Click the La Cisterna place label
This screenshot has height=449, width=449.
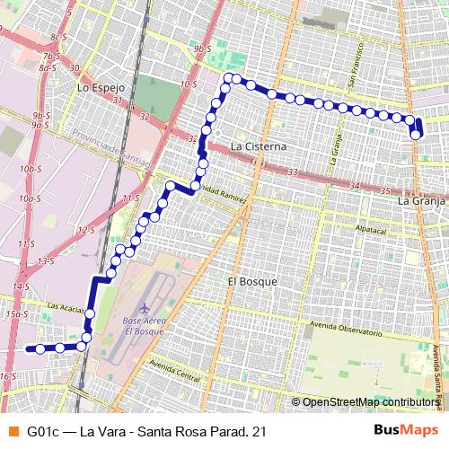[x=258, y=145]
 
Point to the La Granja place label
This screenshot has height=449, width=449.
[x=422, y=202]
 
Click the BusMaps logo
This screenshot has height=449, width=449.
[x=407, y=431]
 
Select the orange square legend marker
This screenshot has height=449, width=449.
[x=12, y=432]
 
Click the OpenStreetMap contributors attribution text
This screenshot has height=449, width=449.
[x=365, y=402]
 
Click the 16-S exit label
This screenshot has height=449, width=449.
[x=8, y=376]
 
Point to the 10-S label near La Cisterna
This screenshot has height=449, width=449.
[x=189, y=84]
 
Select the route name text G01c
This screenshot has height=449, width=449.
[x=47, y=432]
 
